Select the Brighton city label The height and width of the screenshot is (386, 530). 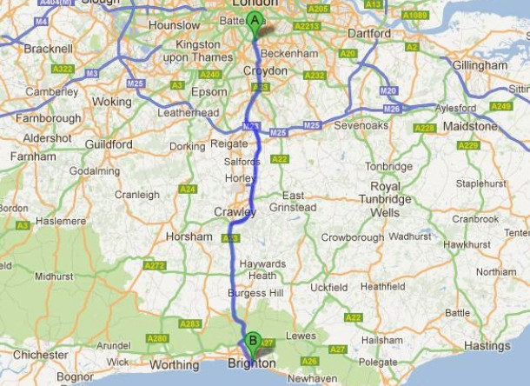(x=252, y=363)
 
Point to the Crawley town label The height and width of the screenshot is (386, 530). (x=235, y=212)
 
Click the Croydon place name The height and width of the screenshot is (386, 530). (x=265, y=70)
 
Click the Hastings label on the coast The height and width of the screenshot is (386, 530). (x=487, y=346)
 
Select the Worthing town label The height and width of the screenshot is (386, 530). (x=175, y=365)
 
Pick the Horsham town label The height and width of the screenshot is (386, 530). (x=189, y=236)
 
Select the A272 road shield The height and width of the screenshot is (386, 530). (x=155, y=265)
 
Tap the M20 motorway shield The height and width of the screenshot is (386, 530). (x=388, y=90)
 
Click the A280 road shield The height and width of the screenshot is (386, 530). (x=157, y=338)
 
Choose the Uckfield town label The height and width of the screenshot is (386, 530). (x=328, y=287)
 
